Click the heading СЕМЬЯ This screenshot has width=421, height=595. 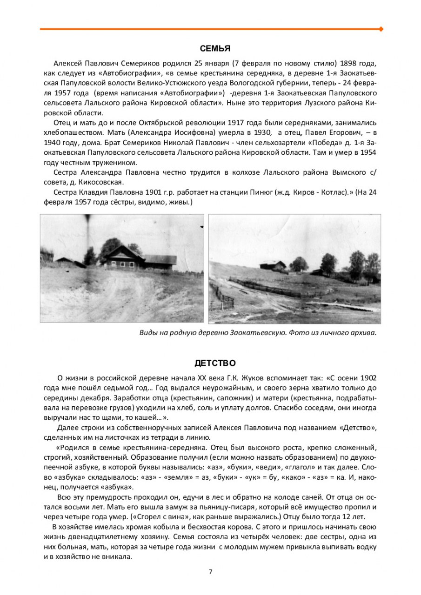coord(215,48)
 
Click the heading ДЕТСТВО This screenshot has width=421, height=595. coord(215,363)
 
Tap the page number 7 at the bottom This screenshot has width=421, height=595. coord(210,571)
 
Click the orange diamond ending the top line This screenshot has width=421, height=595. coord(381,29)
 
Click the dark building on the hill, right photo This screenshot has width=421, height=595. coord(274,265)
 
